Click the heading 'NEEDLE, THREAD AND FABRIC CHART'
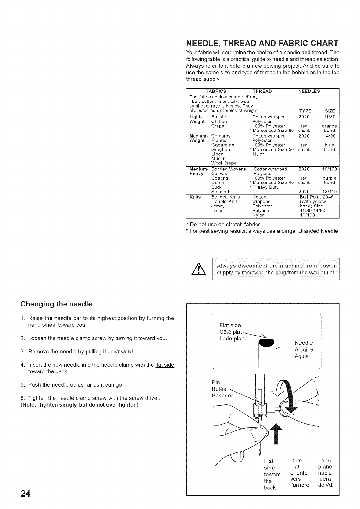[x=262, y=43]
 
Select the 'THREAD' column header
[x=262, y=91]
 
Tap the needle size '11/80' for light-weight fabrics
[x=329, y=117]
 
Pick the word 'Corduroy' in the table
[x=221, y=136]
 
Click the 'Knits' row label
[x=195, y=197]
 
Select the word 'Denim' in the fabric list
[x=218, y=183]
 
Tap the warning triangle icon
[x=199, y=269]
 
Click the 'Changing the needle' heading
[x=56, y=304]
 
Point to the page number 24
[x=25, y=494]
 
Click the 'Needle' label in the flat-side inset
[x=303, y=343]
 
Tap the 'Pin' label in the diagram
[x=216, y=382]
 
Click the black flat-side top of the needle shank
[x=266, y=343]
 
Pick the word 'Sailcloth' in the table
[x=221, y=192]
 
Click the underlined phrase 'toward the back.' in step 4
[x=48, y=371]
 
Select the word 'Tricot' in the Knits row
[x=218, y=211]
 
